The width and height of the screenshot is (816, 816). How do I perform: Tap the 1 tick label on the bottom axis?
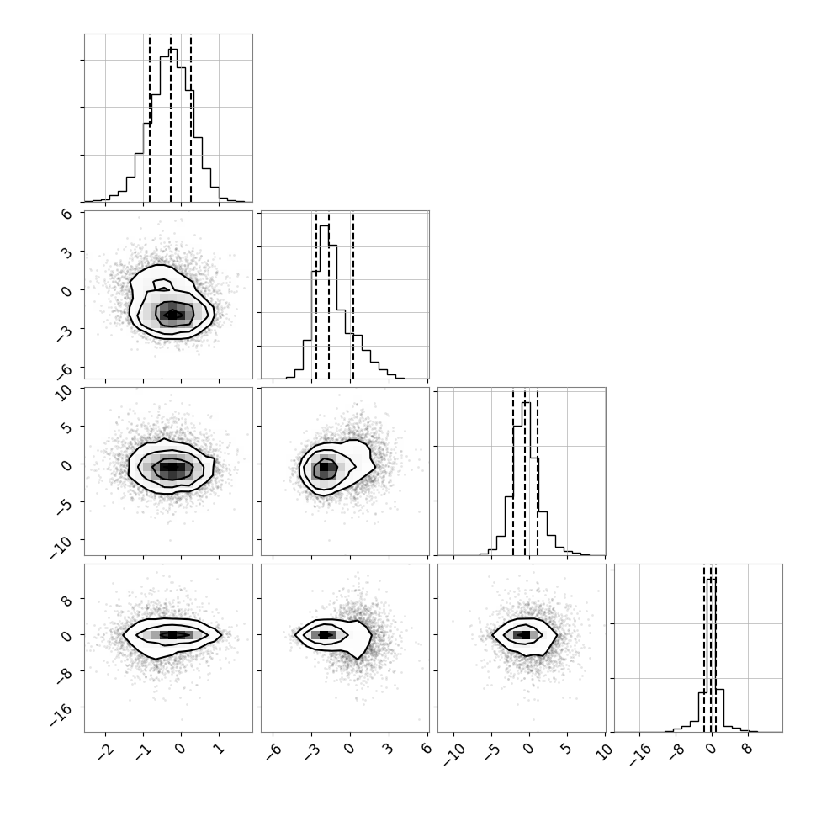click(219, 749)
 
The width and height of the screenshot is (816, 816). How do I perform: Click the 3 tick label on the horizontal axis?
click(389, 749)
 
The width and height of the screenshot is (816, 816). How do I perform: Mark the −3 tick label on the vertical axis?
click(65, 334)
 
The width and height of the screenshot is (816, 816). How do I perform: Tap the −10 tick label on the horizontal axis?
click(453, 755)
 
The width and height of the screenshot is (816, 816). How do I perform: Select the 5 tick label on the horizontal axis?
click(567, 749)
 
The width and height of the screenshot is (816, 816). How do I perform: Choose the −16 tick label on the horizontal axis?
click(640, 755)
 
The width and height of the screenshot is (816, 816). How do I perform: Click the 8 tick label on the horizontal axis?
click(749, 749)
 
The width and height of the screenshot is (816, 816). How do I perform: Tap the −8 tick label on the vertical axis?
click(65, 676)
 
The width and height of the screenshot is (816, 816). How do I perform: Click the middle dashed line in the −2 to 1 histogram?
click(171, 119)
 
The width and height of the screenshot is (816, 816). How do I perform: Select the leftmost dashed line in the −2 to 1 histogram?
click(150, 119)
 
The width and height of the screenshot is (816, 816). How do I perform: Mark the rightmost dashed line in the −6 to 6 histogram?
click(352, 295)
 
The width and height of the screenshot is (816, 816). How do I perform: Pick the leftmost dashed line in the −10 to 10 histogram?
click(513, 472)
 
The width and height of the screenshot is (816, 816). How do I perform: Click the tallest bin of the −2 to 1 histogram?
click(172, 125)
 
